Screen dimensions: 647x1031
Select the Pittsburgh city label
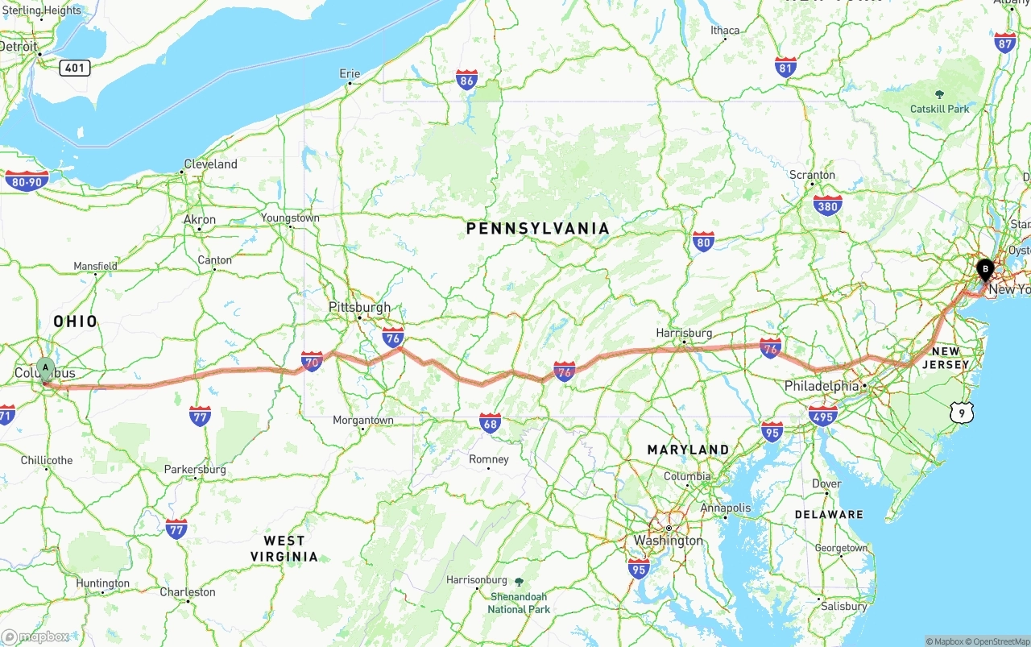[359, 307]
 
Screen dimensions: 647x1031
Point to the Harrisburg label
[684, 333]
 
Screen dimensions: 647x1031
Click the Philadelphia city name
[822, 386]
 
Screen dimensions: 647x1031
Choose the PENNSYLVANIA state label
[538, 229]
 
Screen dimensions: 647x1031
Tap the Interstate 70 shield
[312, 361]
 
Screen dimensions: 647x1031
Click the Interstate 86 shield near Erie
[466, 79]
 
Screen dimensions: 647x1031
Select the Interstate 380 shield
[827, 205]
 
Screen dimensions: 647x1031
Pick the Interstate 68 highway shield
[490, 423]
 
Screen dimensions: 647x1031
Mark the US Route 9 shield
[961, 413]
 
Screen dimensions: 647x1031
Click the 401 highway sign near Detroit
[74, 68]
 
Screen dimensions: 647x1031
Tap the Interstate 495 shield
[823, 415]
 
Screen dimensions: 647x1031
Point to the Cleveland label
[210, 164]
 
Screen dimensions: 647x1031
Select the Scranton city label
[812, 175]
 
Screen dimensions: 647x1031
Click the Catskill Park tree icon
[939, 95]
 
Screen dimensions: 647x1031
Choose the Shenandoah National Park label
[519, 603]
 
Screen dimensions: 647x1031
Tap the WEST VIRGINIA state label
[284, 548]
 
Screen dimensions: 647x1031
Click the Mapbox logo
[35, 637]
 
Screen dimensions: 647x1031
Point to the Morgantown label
[363, 421]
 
